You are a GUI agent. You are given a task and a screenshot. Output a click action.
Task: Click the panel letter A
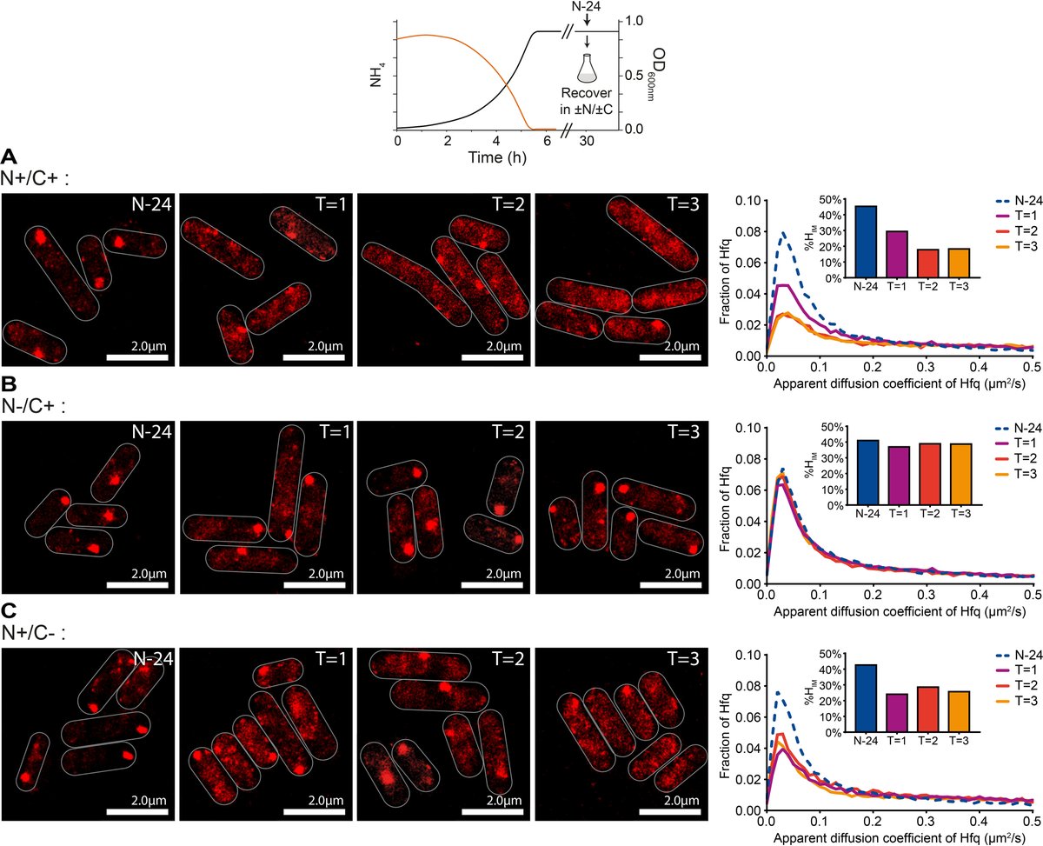[x=10, y=157]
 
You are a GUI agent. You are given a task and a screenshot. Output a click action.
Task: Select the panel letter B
[x=10, y=383]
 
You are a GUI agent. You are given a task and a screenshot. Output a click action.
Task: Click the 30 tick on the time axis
[x=588, y=142]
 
